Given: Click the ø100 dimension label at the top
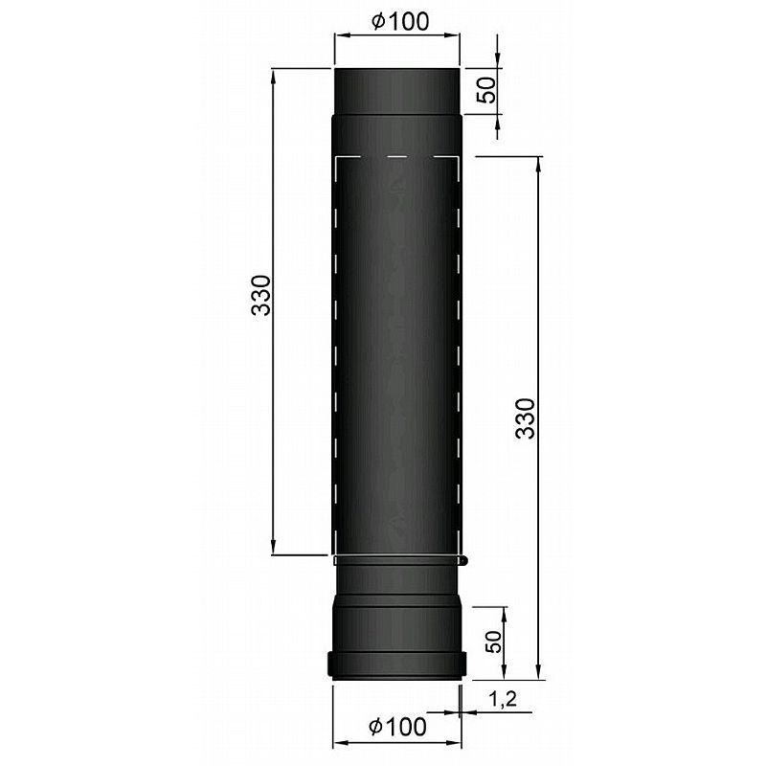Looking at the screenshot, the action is [400, 21].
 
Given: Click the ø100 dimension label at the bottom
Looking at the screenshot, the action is [397, 726].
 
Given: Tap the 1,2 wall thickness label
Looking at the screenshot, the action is [502, 699].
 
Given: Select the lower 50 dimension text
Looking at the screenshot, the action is [494, 641].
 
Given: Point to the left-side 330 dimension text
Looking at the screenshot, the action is [260, 295].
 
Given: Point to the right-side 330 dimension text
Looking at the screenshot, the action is [526, 418].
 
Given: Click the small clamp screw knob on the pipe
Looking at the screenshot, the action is [464, 560].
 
